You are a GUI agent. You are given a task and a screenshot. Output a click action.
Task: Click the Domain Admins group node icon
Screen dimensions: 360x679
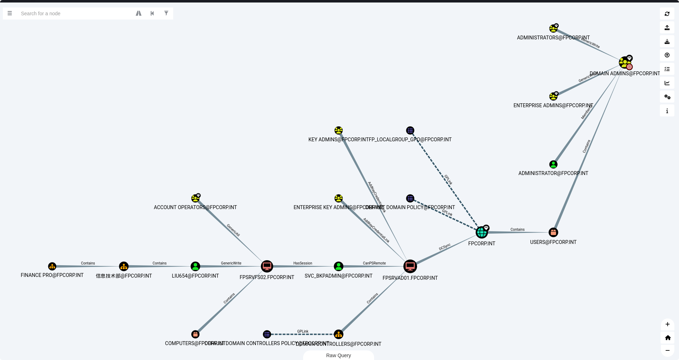(624, 62)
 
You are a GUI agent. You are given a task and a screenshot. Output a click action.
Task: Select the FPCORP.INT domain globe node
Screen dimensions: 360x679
(482, 232)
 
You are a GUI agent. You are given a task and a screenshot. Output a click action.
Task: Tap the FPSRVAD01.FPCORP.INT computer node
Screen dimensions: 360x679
(410, 266)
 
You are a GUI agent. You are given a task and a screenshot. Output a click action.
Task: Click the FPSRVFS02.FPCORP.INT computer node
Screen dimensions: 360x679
(267, 266)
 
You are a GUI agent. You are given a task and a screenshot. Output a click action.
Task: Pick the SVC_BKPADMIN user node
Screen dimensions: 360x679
(339, 266)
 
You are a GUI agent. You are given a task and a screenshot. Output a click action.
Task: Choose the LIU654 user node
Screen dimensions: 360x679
(195, 266)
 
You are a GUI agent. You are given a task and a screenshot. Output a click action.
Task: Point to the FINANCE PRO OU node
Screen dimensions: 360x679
(52, 266)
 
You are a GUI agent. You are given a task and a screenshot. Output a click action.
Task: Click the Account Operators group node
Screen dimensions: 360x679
(195, 198)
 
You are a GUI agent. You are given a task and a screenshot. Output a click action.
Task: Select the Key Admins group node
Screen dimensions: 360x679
(339, 130)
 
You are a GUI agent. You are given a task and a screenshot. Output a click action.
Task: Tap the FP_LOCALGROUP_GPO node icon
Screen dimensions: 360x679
(410, 130)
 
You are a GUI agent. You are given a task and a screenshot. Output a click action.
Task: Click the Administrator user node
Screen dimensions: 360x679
(553, 164)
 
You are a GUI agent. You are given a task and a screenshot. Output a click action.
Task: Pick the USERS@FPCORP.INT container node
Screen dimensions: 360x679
(553, 232)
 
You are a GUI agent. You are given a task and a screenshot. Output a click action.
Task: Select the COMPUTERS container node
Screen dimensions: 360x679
(195, 334)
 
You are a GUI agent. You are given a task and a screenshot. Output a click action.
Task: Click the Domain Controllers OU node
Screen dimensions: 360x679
(339, 334)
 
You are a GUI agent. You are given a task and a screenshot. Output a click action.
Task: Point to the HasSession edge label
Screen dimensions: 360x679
(303, 263)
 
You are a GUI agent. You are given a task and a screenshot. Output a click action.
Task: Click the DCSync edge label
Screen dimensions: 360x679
(445, 247)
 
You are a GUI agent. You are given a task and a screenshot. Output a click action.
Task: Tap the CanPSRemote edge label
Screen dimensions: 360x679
(374, 263)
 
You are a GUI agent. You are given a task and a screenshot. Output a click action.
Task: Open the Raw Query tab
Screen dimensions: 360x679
(338, 355)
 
